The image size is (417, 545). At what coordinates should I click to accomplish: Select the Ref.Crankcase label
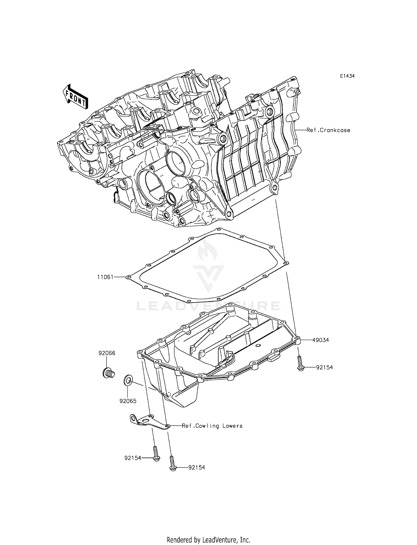click(328, 130)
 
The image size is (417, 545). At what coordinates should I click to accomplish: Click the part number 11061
click(105, 277)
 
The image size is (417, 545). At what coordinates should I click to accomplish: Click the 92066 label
click(107, 353)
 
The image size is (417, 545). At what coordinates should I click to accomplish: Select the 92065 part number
click(128, 401)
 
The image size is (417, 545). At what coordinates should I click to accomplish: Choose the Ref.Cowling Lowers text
click(212, 426)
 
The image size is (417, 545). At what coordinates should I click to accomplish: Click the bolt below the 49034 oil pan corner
click(300, 363)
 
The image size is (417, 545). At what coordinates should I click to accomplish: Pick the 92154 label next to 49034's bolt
click(324, 367)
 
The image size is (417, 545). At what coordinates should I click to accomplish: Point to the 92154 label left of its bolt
click(133, 458)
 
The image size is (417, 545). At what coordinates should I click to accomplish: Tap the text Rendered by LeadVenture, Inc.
click(208, 532)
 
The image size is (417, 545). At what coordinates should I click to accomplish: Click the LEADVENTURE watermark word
click(209, 306)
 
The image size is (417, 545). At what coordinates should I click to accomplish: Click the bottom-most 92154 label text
click(197, 467)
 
